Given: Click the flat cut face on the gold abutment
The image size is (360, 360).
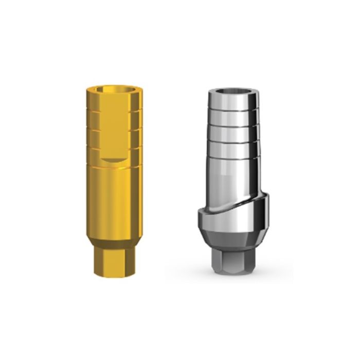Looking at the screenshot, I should (x=117, y=129).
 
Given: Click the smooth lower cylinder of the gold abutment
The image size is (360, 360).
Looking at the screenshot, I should (x=117, y=201).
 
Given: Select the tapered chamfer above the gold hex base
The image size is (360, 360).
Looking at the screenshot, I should (x=117, y=243).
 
